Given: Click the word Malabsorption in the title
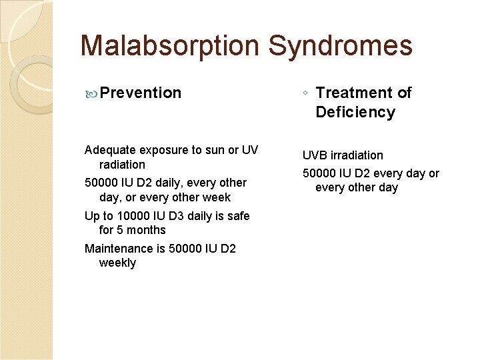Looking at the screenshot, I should [x=169, y=47].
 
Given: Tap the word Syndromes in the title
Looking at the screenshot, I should [x=341, y=47].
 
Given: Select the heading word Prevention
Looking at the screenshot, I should [x=140, y=93].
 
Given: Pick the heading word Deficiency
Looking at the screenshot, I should [x=355, y=112].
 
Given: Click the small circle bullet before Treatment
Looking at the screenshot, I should [x=305, y=93].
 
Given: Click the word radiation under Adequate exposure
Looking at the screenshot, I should [x=122, y=165].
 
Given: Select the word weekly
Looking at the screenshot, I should [x=117, y=263].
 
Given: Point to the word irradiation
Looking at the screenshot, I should [x=357, y=155].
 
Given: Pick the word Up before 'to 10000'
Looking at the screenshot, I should [x=92, y=216].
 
